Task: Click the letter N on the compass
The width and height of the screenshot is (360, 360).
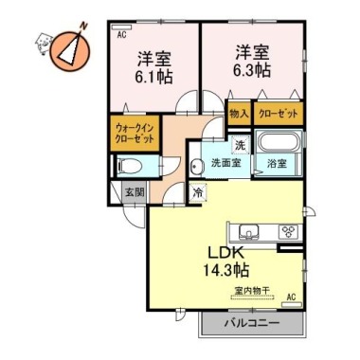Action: (x=83, y=27)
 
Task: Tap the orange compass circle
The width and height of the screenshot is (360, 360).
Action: (x=70, y=51)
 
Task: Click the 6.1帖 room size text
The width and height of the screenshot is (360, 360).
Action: (x=153, y=77)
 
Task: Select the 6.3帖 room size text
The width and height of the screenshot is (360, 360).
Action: (x=252, y=71)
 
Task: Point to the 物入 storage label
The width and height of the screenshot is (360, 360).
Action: (x=239, y=114)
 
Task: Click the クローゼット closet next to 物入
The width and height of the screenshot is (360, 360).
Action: (x=278, y=114)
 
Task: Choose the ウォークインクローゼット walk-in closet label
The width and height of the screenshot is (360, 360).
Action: (x=135, y=134)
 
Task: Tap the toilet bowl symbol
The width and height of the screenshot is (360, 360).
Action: (x=130, y=165)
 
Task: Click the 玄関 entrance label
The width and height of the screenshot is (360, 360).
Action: (x=135, y=191)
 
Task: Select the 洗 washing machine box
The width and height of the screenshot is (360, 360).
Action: (x=240, y=145)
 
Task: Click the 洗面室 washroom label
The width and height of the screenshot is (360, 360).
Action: (x=226, y=163)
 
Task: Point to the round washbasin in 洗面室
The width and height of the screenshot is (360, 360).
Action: (x=197, y=166)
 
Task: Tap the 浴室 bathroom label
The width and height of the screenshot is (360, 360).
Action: (x=277, y=164)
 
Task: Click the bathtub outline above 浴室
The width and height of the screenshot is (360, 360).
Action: (x=278, y=142)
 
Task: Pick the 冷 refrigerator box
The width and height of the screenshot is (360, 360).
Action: (x=198, y=192)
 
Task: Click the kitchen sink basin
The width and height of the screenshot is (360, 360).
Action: (x=249, y=231)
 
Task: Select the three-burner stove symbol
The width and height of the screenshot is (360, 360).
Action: (x=288, y=231)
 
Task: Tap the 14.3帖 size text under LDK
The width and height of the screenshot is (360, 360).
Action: (x=225, y=270)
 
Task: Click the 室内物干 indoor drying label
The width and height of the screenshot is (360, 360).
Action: (x=253, y=290)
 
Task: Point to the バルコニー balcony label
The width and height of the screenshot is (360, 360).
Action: (x=252, y=323)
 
